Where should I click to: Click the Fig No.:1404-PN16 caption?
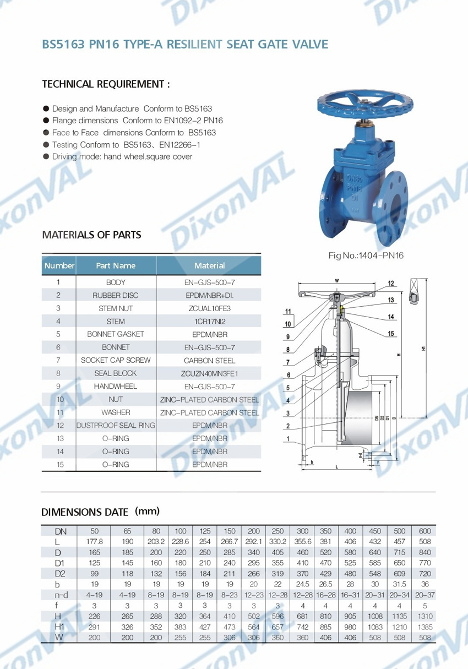tap(366, 255)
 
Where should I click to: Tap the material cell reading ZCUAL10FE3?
tap(209, 308)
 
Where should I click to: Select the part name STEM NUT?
tap(116, 308)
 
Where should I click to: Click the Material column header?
tap(209, 265)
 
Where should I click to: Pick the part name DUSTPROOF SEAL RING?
tap(116, 426)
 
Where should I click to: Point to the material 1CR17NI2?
tap(209, 322)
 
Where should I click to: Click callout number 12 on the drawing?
tap(391, 284)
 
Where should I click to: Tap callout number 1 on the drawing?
tap(287, 439)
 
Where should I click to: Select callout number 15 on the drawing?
tap(391, 333)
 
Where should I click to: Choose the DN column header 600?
tap(425, 531)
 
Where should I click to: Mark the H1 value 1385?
tap(425, 627)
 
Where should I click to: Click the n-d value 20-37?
tap(425, 595)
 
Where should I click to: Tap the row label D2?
tap(58, 574)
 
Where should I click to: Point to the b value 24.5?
tap(302, 584)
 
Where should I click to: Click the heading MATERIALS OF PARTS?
tap(91, 235)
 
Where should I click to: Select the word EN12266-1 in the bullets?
tap(179, 145)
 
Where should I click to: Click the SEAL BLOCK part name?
tap(116, 373)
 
